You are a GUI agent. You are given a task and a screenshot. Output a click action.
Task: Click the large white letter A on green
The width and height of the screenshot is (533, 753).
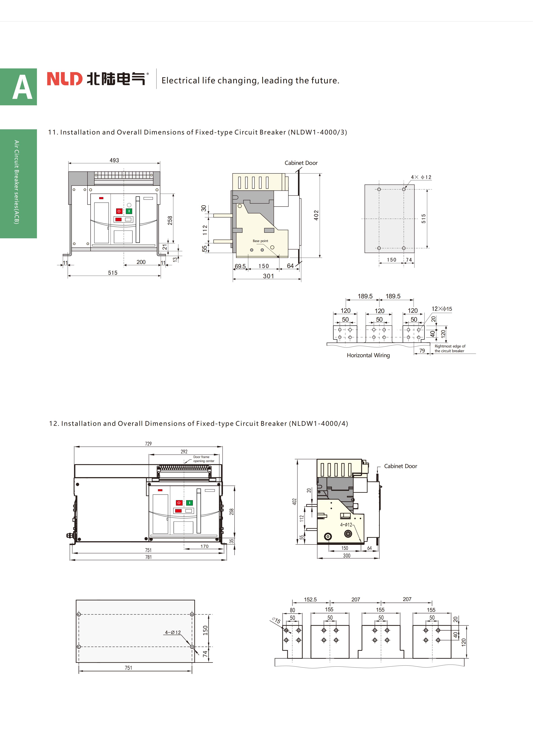click(x=22, y=87)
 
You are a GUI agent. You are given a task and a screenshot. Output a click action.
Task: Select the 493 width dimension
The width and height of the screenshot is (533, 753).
click(x=114, y=160)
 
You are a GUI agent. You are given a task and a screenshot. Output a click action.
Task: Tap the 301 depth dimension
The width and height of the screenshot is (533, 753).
click(x=268, y=276)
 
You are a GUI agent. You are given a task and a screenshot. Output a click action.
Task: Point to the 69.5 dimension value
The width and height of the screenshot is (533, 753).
click(x=240, y=266)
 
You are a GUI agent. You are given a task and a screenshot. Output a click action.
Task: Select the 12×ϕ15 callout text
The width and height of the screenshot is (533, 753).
click(x=442, y=309)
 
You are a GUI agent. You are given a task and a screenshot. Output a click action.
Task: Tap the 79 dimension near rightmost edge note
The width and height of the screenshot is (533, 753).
click(x=422, y=351)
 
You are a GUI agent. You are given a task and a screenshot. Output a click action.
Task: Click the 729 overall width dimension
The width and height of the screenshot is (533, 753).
click(x=148, y=444)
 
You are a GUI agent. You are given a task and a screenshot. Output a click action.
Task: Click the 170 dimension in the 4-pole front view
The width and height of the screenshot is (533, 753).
click(x=204, y=546)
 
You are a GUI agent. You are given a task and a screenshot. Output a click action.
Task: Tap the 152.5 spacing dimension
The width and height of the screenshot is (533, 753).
click(x=310, y=600)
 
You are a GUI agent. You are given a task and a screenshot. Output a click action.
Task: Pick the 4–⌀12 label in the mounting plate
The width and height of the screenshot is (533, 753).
click(x=173, y=632)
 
